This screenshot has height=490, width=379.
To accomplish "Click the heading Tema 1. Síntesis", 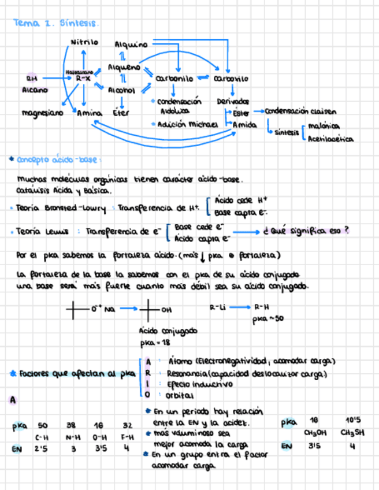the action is click(56, 24).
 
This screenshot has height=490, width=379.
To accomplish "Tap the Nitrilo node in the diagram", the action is click(84, 42).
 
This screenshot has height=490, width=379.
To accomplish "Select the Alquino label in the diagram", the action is click(131, 44).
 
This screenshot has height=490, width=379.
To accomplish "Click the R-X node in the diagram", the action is click(83, 77).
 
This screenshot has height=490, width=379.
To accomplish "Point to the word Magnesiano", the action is click(42, 113).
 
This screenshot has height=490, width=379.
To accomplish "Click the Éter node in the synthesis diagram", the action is click(122, 113).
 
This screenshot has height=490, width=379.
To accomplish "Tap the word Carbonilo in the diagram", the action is click(175, 79).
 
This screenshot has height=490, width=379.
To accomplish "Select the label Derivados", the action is click(233, 101).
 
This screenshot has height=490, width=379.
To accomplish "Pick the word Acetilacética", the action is click(330, 139).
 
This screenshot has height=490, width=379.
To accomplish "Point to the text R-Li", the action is click(217, 308).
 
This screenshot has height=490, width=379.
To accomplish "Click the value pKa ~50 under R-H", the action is click(267, 318).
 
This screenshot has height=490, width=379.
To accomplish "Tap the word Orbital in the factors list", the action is click(180, 396).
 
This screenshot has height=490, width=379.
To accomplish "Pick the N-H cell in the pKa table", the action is click(73, 437).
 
